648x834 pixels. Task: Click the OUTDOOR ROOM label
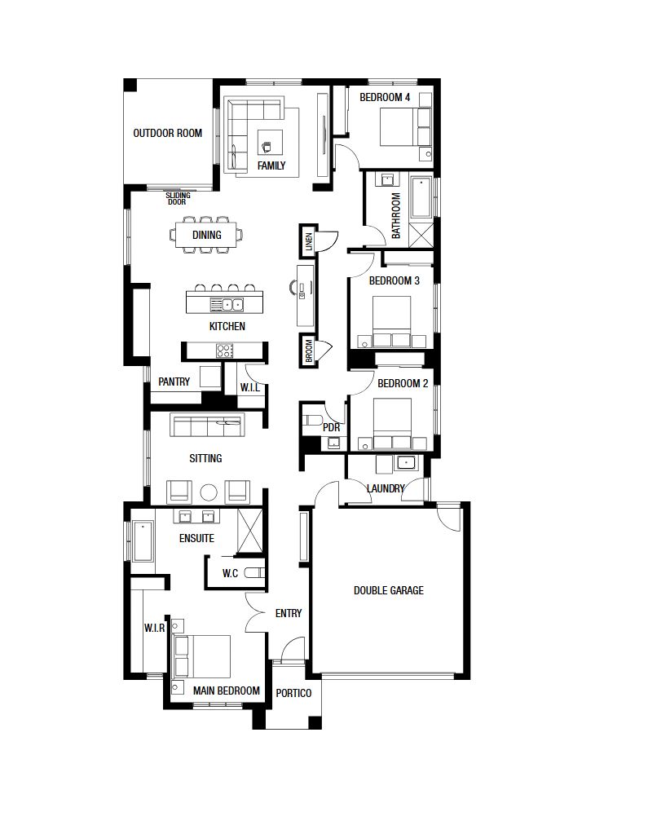[167, 133]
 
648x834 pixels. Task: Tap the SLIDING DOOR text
[178, 198]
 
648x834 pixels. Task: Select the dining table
[206, 235]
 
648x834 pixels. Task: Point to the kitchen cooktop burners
[224, 351]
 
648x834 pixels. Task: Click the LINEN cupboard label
[309, 242]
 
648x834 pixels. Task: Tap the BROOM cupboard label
[309, 351]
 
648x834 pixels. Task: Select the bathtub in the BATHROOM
[421, 198]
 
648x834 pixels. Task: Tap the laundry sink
[406, 463]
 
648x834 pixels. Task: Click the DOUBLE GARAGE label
[389, 590]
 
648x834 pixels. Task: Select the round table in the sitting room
[209, 492]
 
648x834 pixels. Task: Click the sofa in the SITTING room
[207, 425]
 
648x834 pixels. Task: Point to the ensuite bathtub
[143, 541]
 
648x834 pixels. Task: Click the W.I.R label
[154, 629]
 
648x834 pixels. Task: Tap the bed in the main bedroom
[202, 657]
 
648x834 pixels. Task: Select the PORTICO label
[293, 693]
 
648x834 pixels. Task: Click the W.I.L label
[250, 387]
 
